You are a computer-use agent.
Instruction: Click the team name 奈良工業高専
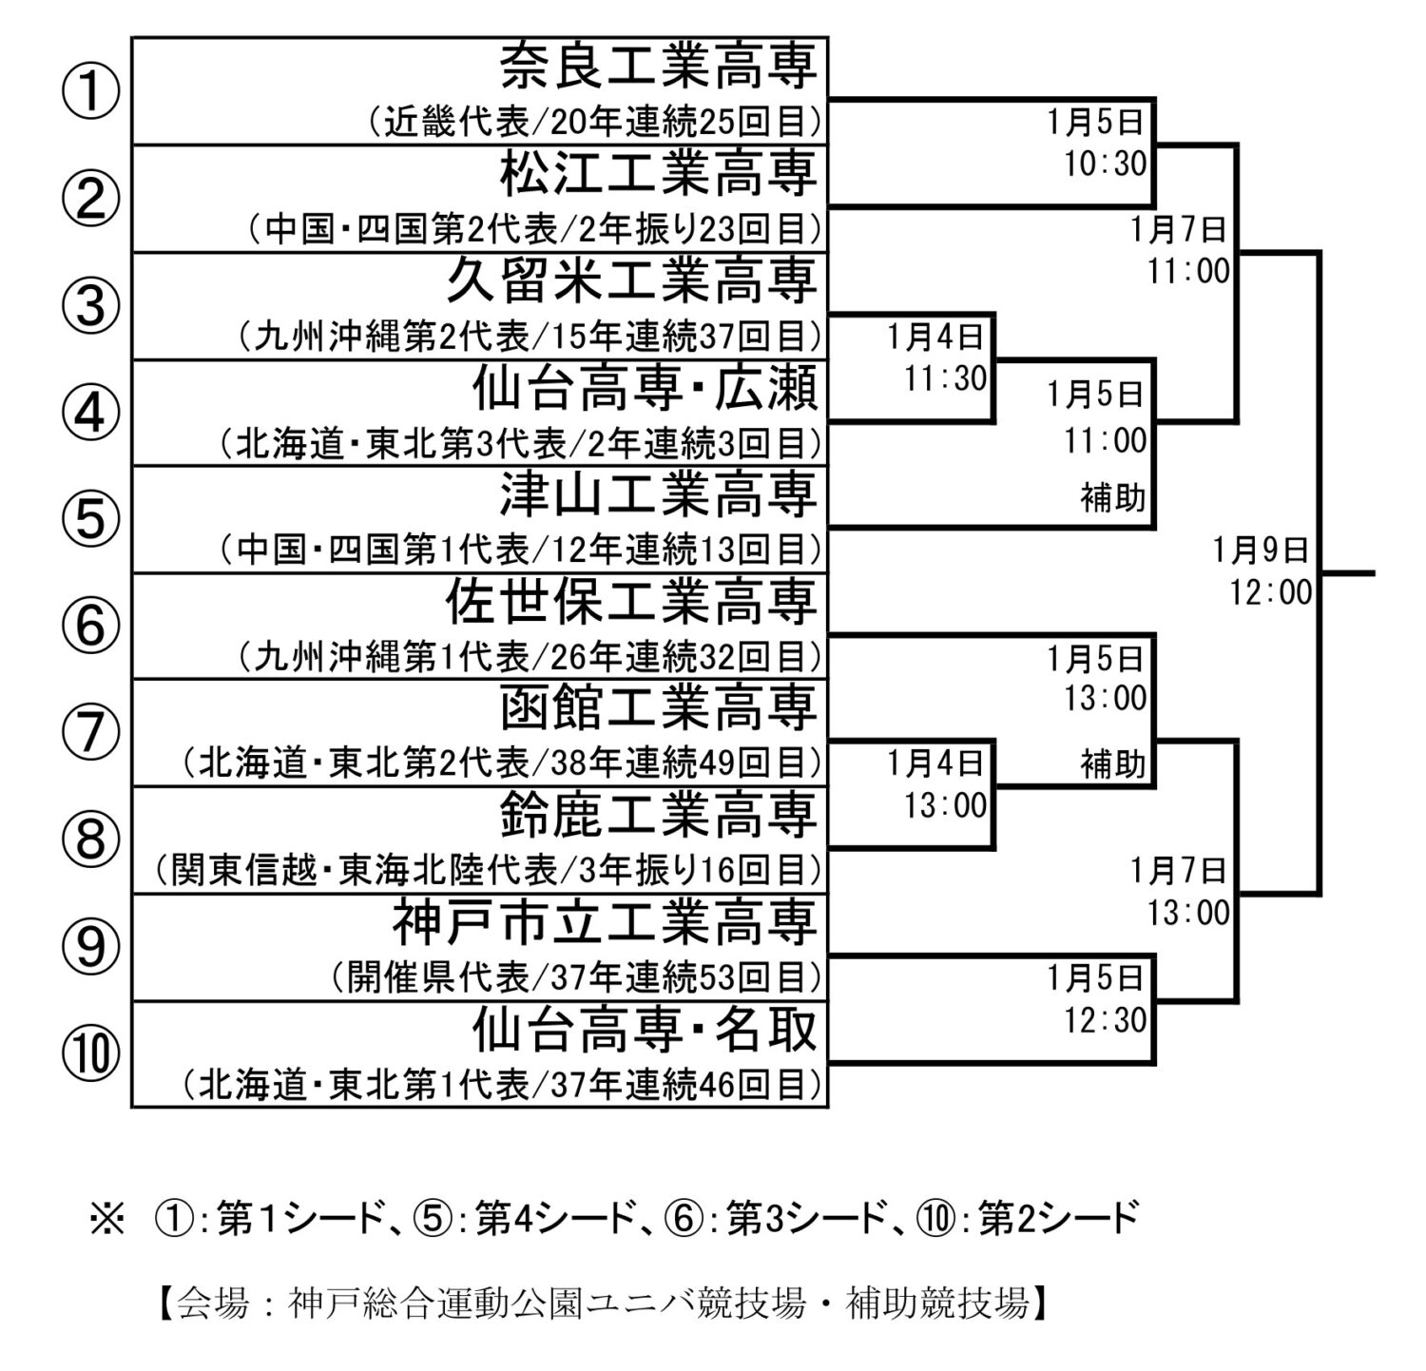(659, 67)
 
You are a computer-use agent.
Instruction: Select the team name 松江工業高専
(659, 174)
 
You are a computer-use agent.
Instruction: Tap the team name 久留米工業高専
(632, 280)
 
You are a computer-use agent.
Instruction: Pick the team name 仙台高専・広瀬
(646, 388)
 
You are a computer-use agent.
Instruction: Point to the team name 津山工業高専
(659, 494)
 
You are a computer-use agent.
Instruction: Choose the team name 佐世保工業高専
(632, 602)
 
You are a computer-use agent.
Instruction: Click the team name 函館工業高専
(659, 708)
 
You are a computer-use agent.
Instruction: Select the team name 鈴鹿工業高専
(659, 816)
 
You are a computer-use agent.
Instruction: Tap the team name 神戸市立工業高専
(606, 922)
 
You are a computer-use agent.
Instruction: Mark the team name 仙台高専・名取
(646, 1030)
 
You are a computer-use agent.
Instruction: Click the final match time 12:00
(1270, 593)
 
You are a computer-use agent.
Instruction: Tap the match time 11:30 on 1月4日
(946, 378)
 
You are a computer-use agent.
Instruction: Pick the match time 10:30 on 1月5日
(1106, 164)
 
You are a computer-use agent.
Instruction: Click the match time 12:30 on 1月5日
(1106, 1020)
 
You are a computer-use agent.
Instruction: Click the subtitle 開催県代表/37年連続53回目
(577, 976)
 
